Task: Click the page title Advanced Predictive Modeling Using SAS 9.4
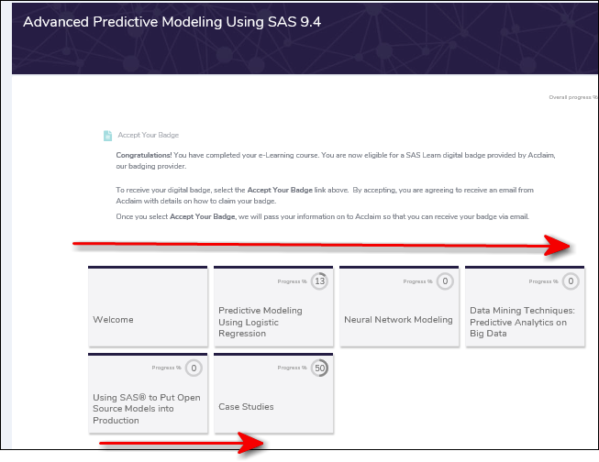click(172, 22)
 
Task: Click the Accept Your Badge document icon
click(107, 136)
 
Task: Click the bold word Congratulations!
click(143, 155)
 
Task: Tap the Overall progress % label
click(572, 96)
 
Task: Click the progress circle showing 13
click(319, 281)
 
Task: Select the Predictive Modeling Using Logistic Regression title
click(261, 322)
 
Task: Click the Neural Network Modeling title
click(398, 320)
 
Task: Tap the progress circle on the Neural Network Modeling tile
click(445, 281)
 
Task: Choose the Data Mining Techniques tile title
click(522, 322)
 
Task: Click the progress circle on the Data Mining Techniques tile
click(571, 281)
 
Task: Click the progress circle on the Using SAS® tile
click(194, 368)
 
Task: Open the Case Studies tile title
click(246, 407)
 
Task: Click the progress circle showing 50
click(319, 368)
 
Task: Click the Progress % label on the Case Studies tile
click(292, 368)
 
